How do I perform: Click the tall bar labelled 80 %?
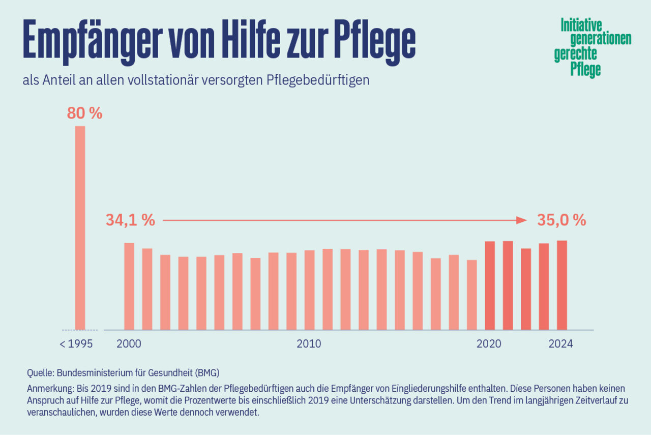tap(80, 227)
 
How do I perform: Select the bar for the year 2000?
tap(129, 286)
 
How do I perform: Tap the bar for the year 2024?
tap(561, 285)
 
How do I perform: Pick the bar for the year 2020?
tap(490, 285)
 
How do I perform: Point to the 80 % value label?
tap(84, 113)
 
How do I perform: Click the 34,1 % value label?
tap(130, 220)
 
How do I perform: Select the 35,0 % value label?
tap(561, 220)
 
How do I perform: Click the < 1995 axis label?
tap(76, 344)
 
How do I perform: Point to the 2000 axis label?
tap(129, 344)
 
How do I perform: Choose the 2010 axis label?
tap(309, 344)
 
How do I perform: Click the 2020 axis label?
tap(489, 344)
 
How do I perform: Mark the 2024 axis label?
tap(560, 344)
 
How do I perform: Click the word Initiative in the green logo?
tap(581, 25)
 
